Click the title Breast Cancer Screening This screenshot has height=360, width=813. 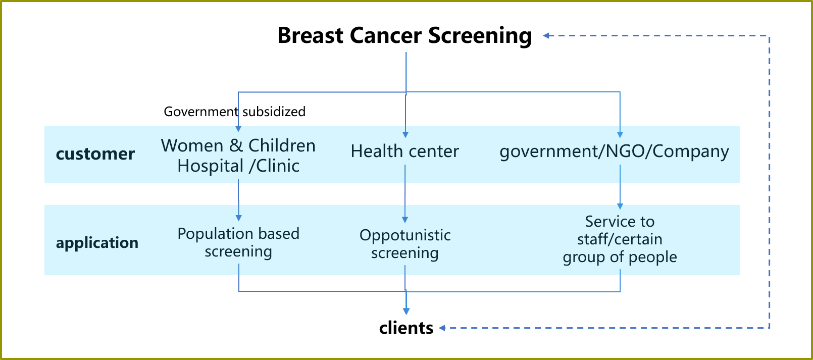click(404, 36)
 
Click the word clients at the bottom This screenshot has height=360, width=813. click(406, 328)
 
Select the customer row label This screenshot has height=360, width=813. click(95, 154)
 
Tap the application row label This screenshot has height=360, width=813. click(97, 243)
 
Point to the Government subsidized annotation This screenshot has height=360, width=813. click(234, 112)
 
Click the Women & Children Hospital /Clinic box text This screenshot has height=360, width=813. click(238, 156)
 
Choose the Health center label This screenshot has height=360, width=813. click(404, 151)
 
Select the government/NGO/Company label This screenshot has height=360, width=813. click(614, 151)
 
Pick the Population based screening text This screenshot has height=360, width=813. click(238, 242)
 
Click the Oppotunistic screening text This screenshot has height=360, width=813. click(405, 244)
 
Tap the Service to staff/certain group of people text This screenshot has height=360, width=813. click(620, 239)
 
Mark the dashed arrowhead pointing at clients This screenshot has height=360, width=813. click(442, 328)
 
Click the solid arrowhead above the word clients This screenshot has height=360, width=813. click(406, 311)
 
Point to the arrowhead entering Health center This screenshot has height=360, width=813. click(405, 135)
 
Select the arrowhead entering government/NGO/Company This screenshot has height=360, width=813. click(620, 135)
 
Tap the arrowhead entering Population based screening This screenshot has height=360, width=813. click(238, 218)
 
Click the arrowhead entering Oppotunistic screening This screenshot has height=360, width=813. click(405, 220)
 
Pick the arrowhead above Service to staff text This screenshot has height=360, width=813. click(620, 206)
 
